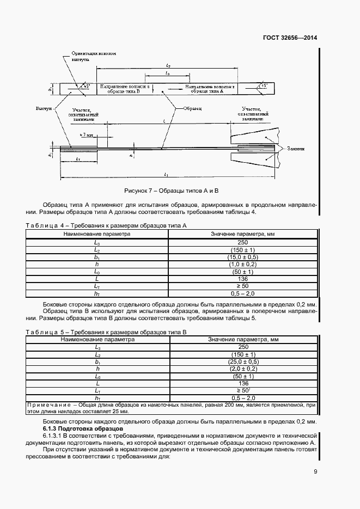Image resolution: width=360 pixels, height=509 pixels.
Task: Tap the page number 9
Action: (315, 471)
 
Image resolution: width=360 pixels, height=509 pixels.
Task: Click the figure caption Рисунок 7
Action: (171, 191)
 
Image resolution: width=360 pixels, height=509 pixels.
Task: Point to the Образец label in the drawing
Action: (192, 109)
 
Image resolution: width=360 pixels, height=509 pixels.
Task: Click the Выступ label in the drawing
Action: (43, 109)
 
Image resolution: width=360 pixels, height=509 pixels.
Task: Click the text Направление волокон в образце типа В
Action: (124, 89)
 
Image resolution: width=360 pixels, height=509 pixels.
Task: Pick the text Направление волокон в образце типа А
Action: (210, 89)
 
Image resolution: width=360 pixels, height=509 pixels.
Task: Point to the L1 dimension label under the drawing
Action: (166, 174)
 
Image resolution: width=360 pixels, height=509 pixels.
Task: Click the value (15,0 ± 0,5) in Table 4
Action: (242, 256)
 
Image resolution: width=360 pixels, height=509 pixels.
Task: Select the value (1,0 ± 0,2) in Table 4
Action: (242, 264)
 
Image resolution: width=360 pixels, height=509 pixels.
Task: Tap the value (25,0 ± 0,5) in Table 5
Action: (242, 361)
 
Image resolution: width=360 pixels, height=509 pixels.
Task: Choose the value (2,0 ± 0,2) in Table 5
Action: (242, 369)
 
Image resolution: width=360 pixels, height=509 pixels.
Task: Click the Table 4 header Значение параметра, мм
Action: (242, 234)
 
